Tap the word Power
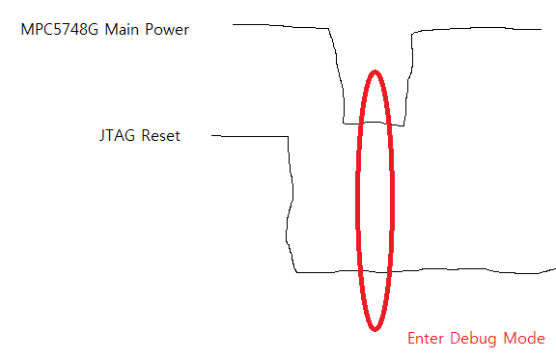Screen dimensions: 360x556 click(167, 29)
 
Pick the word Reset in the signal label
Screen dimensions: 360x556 click(159, 135)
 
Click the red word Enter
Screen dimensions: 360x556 click(426, 339)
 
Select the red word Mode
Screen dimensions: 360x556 click(526, 339)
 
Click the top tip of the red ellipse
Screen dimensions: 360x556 click(375, 70)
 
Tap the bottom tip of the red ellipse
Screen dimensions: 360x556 click(375, 330)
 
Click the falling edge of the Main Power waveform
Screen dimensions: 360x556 click(339, 77)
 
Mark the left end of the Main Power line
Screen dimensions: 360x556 click(234, 25)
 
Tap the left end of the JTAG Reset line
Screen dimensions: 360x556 click(212, 136)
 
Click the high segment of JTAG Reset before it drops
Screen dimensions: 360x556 click(251, 136)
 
